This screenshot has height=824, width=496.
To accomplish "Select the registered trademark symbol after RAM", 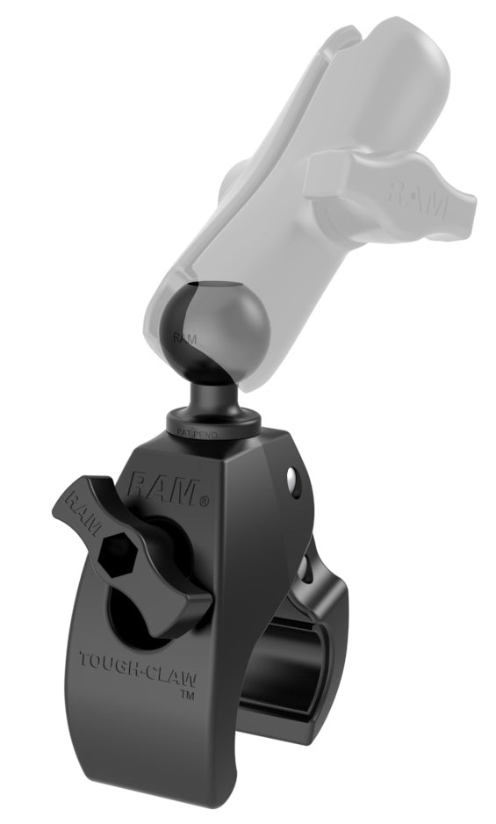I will pos(205,502).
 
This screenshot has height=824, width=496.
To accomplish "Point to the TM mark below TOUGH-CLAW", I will pos(186,694).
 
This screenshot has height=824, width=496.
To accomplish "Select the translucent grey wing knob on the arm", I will pos(386,184).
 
